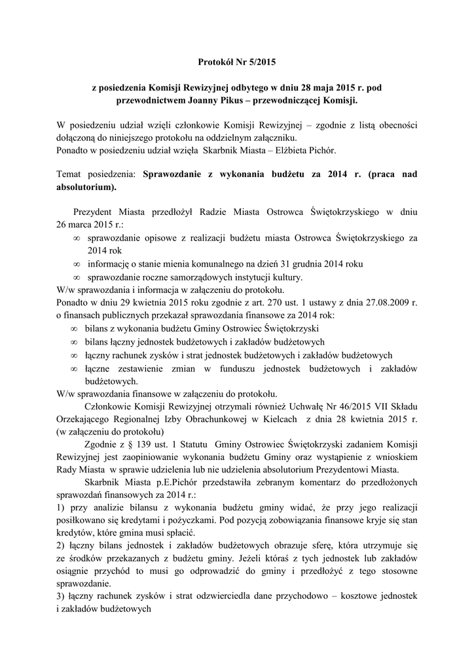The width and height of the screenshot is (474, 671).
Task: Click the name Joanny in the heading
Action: tap(212, 102)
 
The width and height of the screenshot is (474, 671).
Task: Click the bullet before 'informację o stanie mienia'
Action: tap(77, 263)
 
